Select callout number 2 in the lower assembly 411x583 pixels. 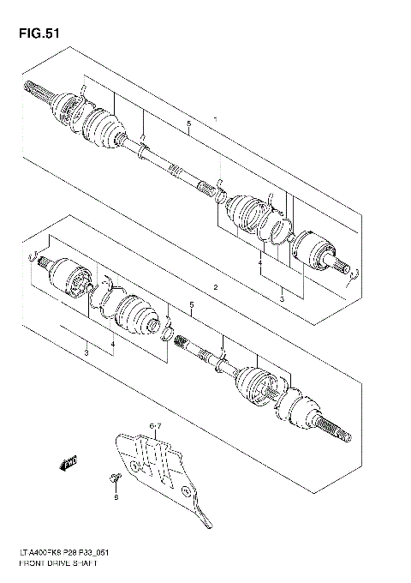click(x=217, y=285)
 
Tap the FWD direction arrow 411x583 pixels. click(x=68, y=465)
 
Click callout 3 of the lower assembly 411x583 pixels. click(x=86, y=352)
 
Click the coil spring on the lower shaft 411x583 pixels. click(x=182, y=342)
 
